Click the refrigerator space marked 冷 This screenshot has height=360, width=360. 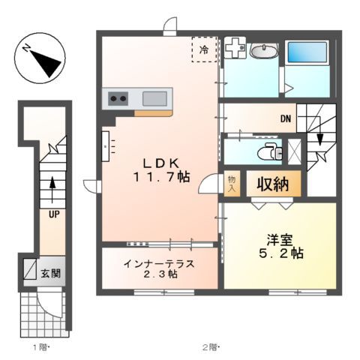(x=204, y=49)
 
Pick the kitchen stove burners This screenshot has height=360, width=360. (x=118, y=98)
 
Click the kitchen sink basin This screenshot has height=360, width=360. (x=155, y=98)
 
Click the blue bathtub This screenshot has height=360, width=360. (x=307, y=54)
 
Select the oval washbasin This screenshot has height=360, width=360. (x=263, y=52)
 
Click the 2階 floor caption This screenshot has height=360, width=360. (x=212, y=346)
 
